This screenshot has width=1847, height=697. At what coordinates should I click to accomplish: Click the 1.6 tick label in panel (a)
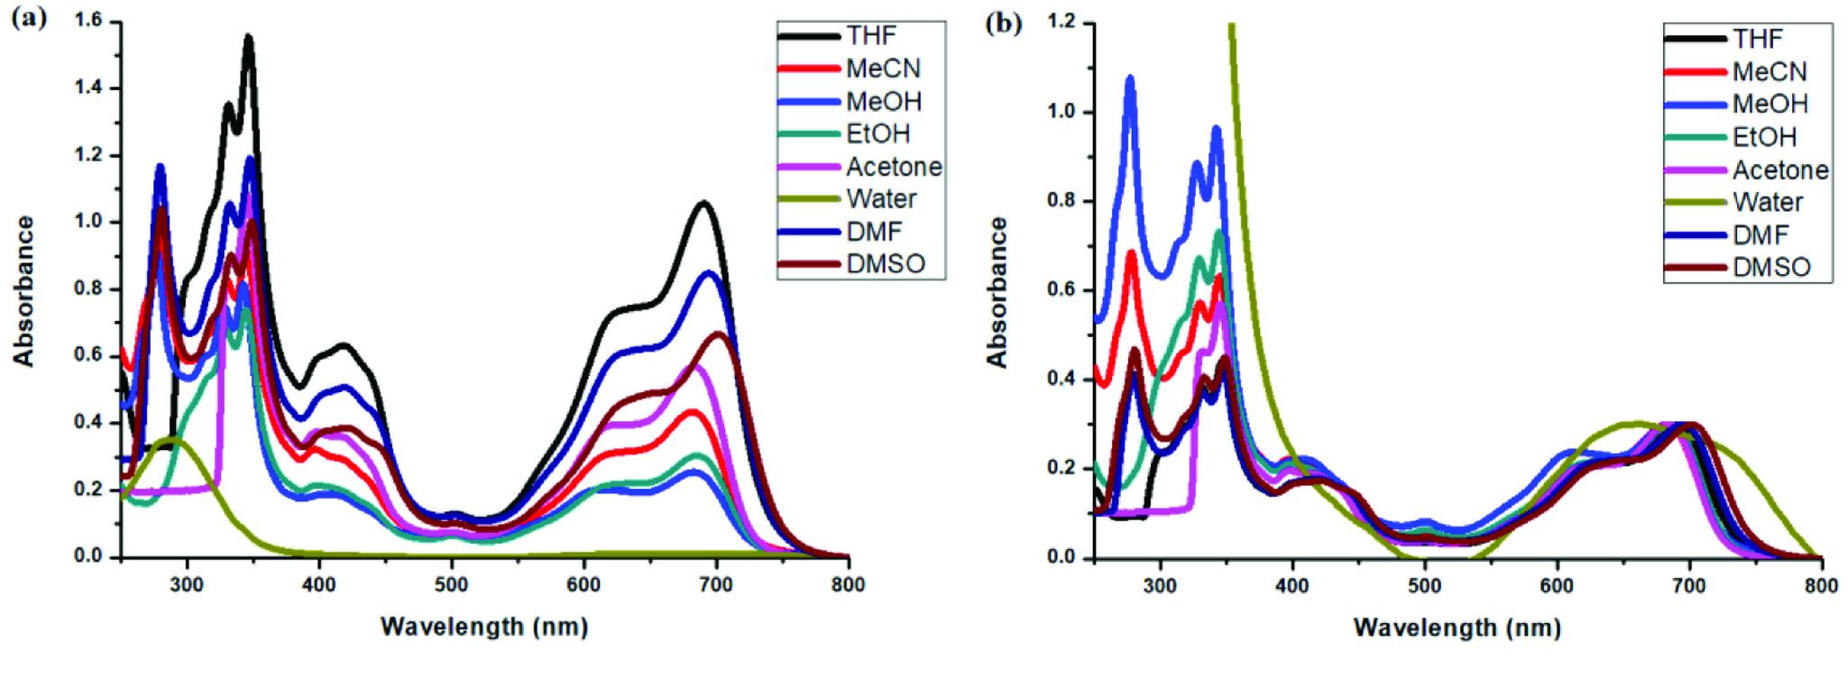pos(89,22)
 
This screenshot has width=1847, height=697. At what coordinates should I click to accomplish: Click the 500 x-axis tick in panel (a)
pos(451,584)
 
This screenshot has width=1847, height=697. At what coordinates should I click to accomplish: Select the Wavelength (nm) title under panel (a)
pos(484,626)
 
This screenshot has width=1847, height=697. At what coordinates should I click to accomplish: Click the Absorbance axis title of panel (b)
pos(997,291)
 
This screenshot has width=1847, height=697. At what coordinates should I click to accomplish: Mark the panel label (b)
pos(1004,23)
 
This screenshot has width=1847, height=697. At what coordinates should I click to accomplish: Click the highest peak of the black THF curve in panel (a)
pos(248,38)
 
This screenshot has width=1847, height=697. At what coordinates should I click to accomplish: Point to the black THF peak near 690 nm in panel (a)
pos(703,203)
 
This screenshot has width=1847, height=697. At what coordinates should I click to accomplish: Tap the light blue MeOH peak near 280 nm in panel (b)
pos(1130,78)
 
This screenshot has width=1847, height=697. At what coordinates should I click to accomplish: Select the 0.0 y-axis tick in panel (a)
pos(89,557)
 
